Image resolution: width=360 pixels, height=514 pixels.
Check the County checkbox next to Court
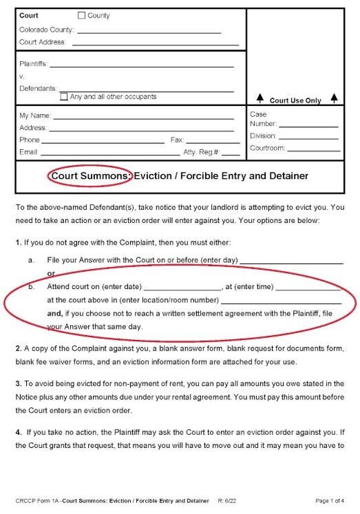click(82, 15)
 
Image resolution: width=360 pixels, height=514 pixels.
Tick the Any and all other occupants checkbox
click(64, 97)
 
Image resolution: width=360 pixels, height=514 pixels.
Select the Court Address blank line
click(155, 44)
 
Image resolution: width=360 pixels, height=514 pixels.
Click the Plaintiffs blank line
click(142, 66)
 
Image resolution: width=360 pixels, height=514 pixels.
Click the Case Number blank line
click(308, 126)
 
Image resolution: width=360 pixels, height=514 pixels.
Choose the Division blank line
click(310, 138)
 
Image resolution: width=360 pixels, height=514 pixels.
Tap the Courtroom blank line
click(313, 149)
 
